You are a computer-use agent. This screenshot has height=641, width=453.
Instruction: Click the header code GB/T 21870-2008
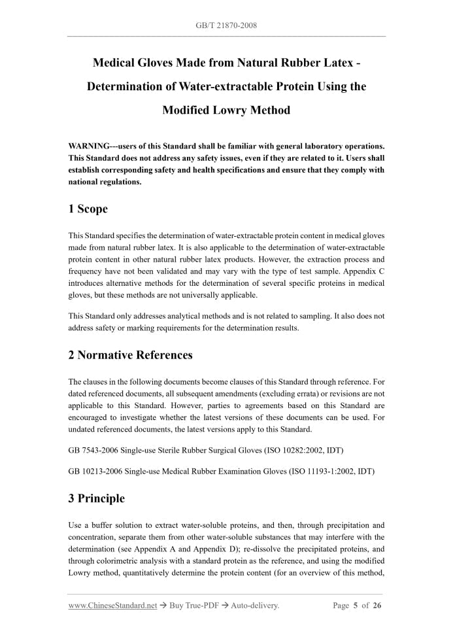click(x=226, y=26)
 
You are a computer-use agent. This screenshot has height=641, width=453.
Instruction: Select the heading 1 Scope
click(x=88, y=209)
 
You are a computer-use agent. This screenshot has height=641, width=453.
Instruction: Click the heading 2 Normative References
click(x=131, y=355)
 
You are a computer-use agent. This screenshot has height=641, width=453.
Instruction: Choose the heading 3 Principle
click(x=96, y=498)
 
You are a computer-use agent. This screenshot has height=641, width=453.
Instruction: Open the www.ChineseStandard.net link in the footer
click(x=112, y=606)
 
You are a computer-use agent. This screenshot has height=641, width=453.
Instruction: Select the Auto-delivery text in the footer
click(x=254, y=606)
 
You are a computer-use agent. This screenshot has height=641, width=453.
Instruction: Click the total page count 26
click(x=377, y=606)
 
